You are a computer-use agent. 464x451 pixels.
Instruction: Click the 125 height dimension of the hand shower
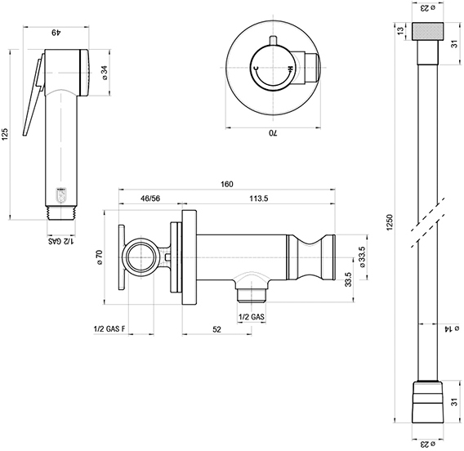(6, 134)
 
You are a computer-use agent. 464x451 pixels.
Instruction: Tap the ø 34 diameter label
(105, 73)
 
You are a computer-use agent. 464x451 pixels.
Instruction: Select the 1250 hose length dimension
(389, 222)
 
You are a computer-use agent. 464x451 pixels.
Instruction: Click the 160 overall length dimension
(226, 184)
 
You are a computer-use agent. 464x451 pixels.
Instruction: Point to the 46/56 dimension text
(150, 199)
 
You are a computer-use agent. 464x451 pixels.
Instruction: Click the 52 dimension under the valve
(217, 329)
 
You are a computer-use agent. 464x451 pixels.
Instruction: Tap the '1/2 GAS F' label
(109, 329)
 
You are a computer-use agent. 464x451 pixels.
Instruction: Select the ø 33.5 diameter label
(362, 257)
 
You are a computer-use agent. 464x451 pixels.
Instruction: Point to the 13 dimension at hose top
(400, 31)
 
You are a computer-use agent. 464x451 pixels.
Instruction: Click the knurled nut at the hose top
(427, 31)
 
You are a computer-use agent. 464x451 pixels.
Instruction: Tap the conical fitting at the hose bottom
(427, 398)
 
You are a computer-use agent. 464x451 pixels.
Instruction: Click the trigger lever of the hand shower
(33, 95)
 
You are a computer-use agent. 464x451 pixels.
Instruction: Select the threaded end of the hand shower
(62, 213)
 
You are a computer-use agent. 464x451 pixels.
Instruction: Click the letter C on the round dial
(257, 68)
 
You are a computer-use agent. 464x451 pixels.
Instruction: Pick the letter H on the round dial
(291, 69)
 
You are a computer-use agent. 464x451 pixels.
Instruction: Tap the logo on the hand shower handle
(61, 195)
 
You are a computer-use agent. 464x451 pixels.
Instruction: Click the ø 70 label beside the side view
(100, 257)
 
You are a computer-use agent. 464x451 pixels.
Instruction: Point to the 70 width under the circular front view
(273, 133)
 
